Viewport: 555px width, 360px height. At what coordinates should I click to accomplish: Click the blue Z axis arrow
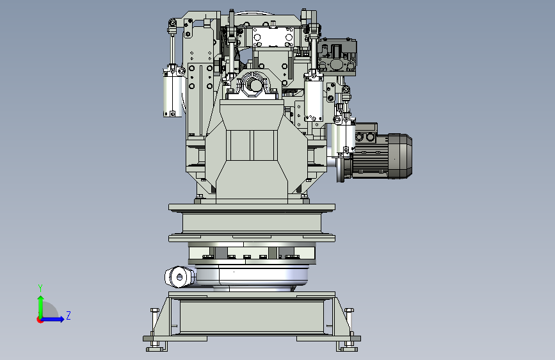[x=56, y=318]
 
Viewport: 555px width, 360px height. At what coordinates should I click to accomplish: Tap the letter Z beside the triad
[x=68, y=316]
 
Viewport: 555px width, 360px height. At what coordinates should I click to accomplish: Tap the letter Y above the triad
[x=40, y=288]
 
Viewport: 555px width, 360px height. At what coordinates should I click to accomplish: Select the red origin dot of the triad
[x=40, y=319]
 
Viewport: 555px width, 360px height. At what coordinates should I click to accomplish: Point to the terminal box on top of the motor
[x=366, y=136]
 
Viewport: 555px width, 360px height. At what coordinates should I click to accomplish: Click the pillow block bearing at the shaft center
[x=254, y=86]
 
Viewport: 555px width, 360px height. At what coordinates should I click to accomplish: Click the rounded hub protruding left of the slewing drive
[x=179, y=277]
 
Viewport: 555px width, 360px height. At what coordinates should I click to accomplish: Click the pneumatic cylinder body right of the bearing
[x=313, y=99]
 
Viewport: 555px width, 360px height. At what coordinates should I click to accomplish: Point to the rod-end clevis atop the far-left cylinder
[x=172, y=27]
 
